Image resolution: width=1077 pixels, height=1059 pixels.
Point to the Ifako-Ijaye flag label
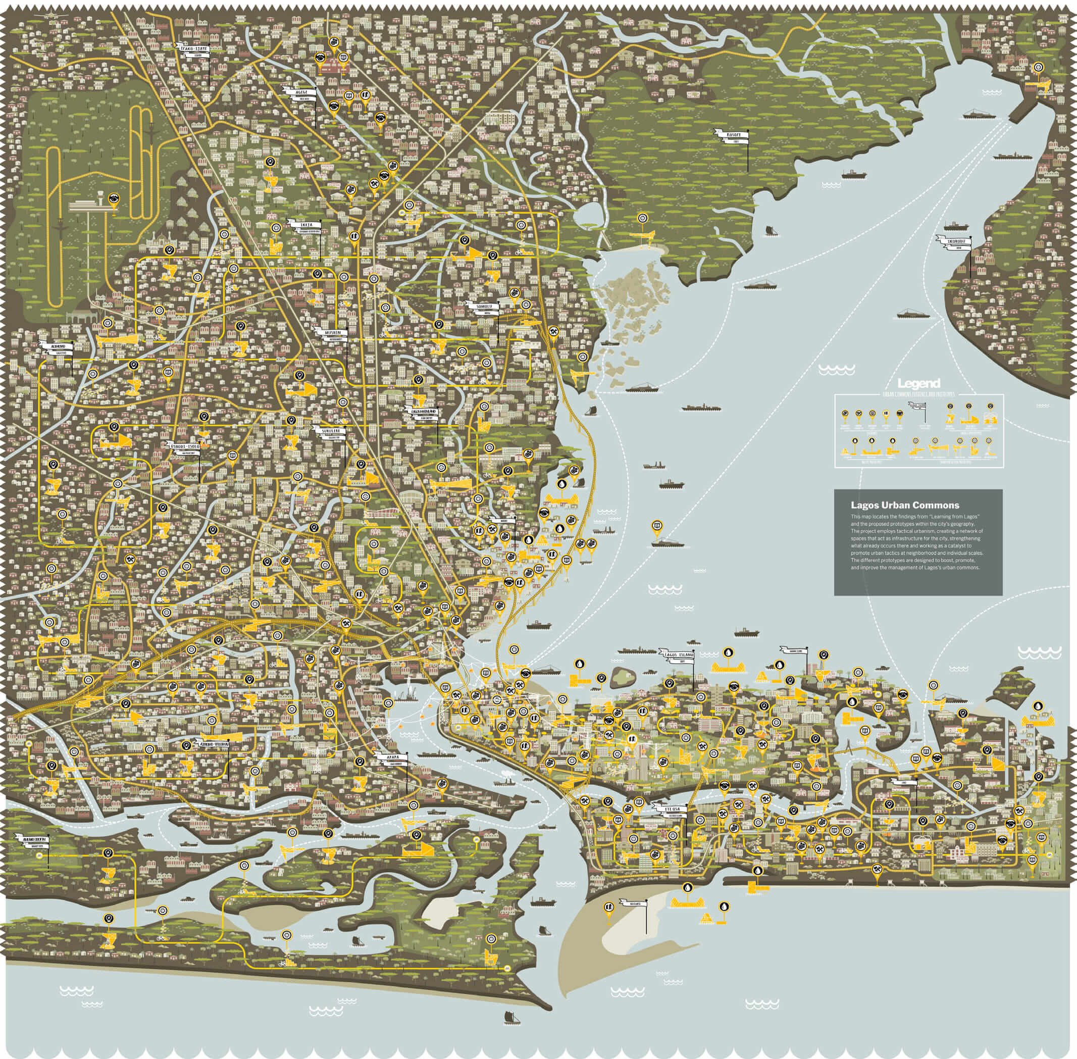point(193,49)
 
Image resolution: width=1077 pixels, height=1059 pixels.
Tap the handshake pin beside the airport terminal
point(114,198)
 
